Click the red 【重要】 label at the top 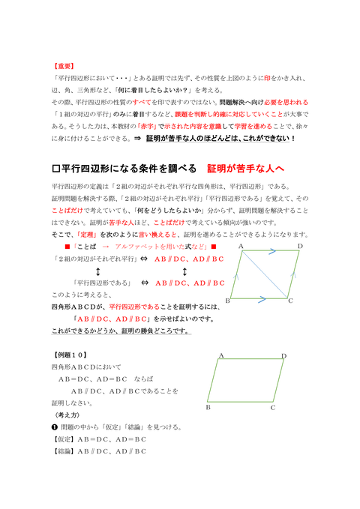[64, 66]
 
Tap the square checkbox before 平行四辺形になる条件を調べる [57, 168]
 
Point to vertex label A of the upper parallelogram [241, 246]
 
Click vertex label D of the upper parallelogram [300, 246]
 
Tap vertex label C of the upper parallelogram [290, 301]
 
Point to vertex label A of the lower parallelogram [222, 355]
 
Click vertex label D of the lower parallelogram [283, 356]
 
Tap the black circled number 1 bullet [55, 427]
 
